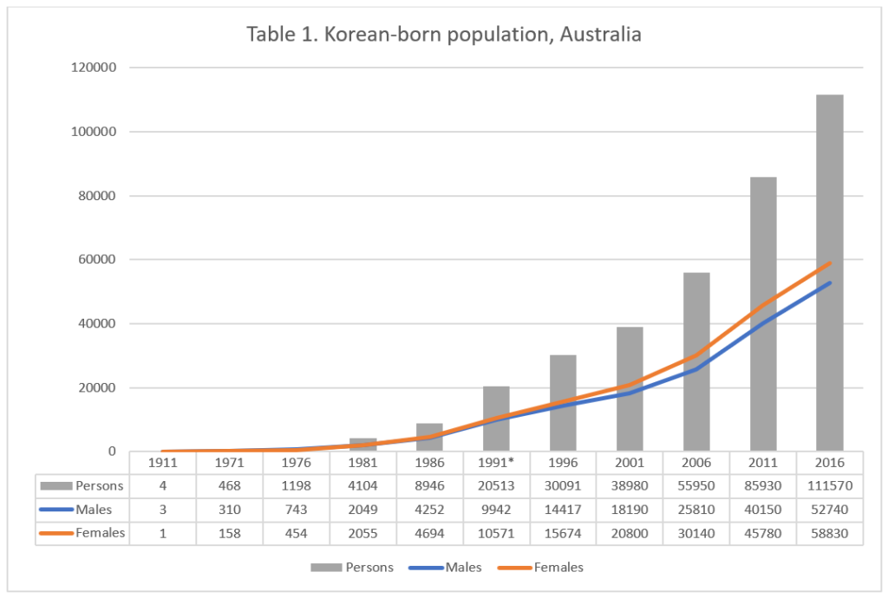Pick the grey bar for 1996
(563, 381)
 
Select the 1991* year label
(496, 463)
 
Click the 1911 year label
(163, 463)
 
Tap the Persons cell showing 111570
(829, 485)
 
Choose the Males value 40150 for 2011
(762, 510)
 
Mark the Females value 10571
(496, 533)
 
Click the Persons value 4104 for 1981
(362, 485)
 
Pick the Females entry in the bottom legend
(558, 568)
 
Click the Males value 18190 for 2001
(630, 510)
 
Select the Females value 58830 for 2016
(829, 533)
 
